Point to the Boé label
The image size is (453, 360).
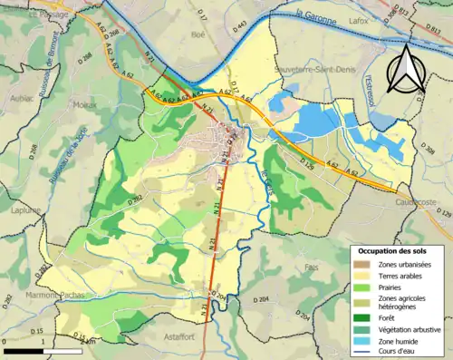pos(198,34)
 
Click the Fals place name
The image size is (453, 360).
pos(313,268)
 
